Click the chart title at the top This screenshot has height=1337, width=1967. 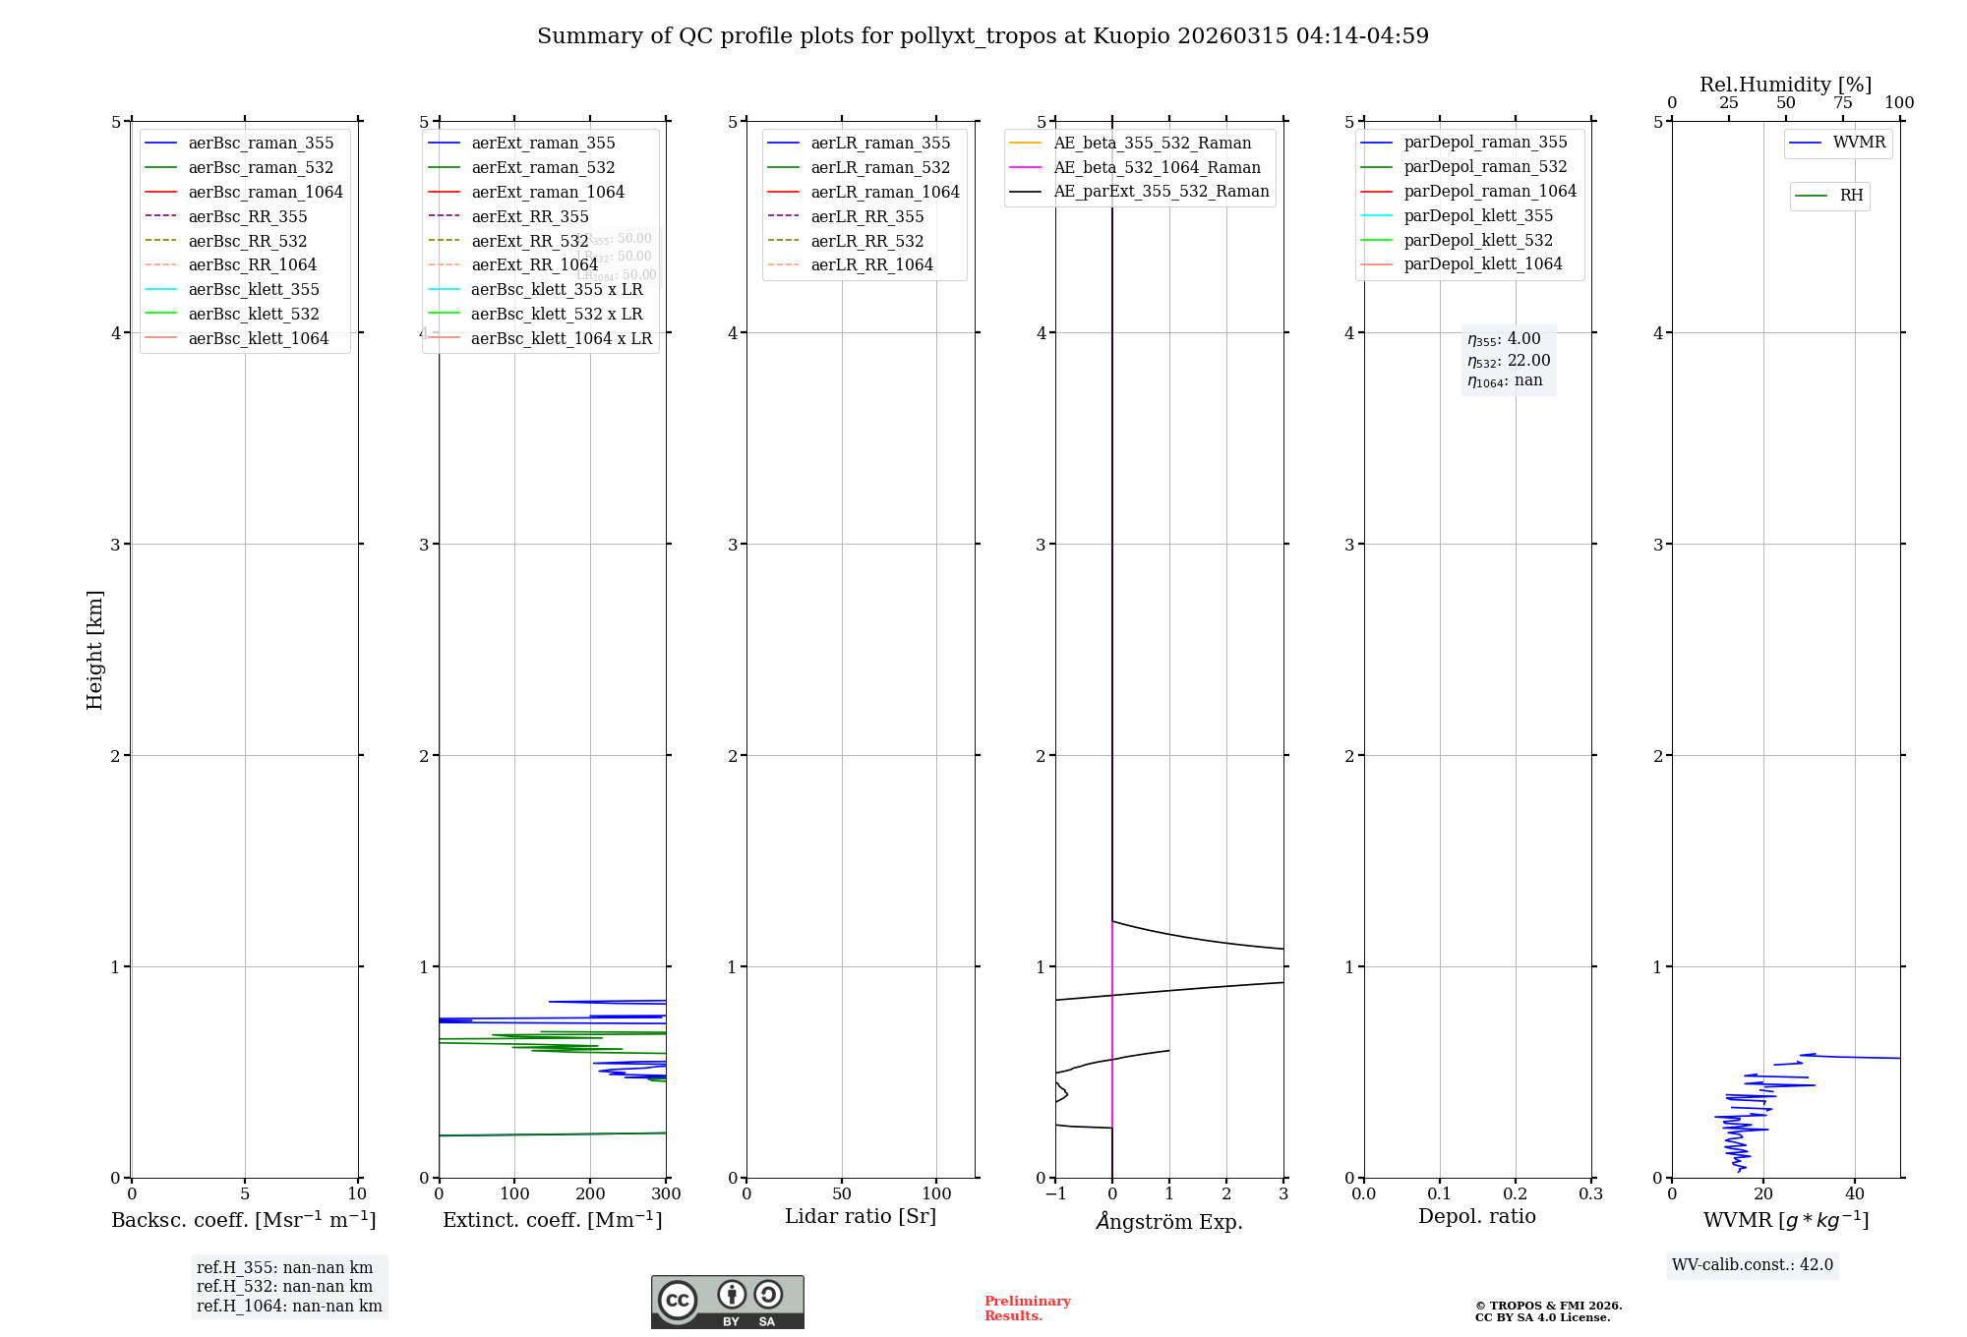[x=983, y=36]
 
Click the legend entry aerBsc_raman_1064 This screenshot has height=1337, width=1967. [x=266, y=192]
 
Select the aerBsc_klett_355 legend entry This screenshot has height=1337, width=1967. [x=254, y=289]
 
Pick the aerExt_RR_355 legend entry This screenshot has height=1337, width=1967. [x=530, y=216]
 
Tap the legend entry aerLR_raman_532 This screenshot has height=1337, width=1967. [x=880, y=167]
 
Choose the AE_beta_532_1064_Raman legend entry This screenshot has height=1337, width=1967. [x=1157, y=167]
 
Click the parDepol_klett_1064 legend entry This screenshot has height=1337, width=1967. [x=1483, y=263]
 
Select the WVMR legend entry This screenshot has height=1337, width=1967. [x=1859, y=143]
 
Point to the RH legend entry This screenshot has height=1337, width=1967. [x=1851, y=196]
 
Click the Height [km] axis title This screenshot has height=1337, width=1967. [x=94, y=649]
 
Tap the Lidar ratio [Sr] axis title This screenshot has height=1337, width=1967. [x=861, y=1216]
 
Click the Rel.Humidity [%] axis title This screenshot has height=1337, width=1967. [x=1785, y=85]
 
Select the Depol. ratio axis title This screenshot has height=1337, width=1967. [x=1476, y=1216]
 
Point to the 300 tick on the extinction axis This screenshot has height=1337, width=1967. [x=666, y=1194]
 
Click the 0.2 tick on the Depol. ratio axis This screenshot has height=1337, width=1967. [x=1516, y=1194]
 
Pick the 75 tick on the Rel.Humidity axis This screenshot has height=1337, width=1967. [x=1842, y=103]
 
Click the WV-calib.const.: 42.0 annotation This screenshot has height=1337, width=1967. [x=1753, y=1264]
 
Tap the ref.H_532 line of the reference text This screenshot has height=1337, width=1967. [x=284, y=1286]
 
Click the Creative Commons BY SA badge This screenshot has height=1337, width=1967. [x=727, y=1302]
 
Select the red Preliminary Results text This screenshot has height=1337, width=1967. [x=1027, y=1308]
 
